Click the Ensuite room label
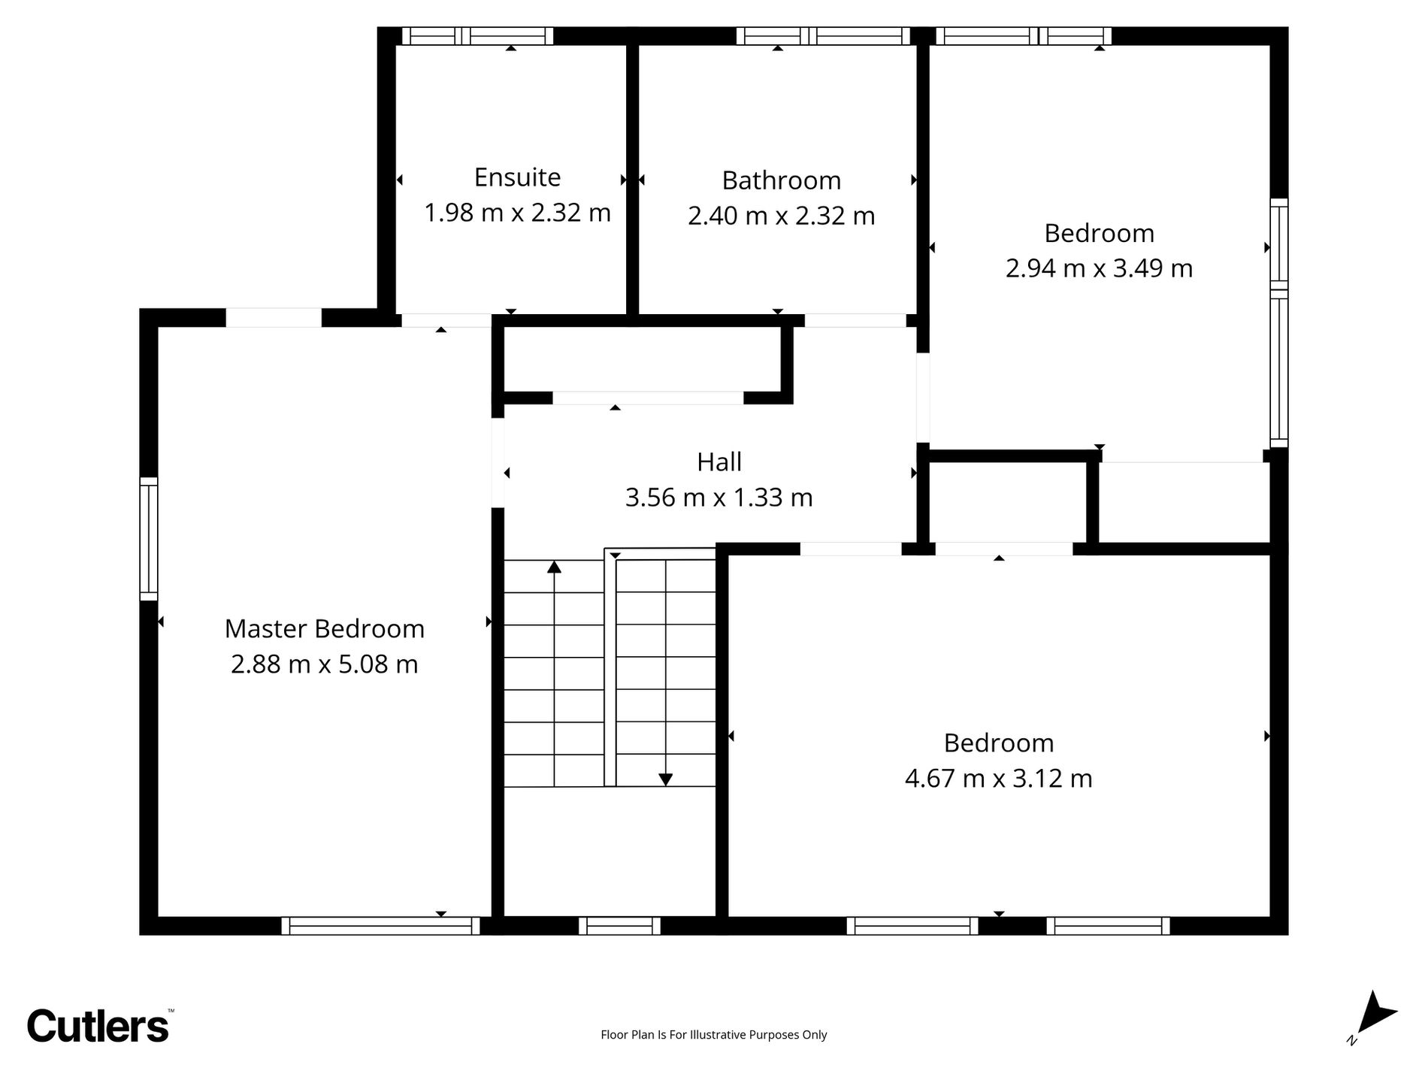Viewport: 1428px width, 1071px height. tap(517, 177)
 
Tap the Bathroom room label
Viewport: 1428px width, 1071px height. tap(781, 180)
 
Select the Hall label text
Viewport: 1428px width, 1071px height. tap(719, 461)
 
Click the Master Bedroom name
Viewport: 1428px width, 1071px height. tap(325, 629)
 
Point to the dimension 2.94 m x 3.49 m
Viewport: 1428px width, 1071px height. tap(1099, 268)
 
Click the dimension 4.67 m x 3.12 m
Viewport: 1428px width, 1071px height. tap(998, 778)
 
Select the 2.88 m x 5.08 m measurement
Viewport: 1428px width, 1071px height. tap(324, 664)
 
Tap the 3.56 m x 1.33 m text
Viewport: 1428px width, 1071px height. tap(719, 498)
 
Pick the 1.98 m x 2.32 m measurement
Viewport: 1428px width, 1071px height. tap(517, 213)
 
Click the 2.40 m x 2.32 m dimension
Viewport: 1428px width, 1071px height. tap(781, 216)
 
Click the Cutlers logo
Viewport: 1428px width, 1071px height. tap(98, 1025)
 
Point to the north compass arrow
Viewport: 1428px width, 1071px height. tap(1375, 1019)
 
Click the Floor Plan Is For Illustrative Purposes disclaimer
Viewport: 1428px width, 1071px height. tap(713, 1035)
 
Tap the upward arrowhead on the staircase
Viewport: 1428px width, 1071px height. tap(555, 567)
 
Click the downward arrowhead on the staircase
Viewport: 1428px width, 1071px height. tap(665, 780)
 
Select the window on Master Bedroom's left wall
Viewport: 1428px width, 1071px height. tap(149, 539)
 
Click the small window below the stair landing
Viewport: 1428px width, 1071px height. tap(619, 926)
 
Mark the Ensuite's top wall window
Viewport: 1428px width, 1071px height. tap(477, 36)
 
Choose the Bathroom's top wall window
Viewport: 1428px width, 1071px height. tap(823, 36)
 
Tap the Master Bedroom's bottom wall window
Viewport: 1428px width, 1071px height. tap(380, 926)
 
